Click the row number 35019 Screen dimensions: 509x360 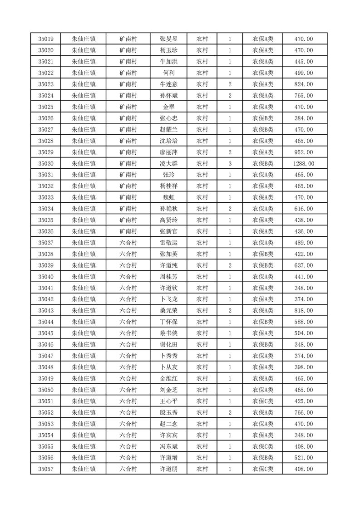click(46, 39)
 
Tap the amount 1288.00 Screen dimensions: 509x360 click(304, 163)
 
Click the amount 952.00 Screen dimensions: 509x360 click(304, 152)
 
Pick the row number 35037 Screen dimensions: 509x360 click(46, 243)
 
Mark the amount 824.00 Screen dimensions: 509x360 click(304, 84)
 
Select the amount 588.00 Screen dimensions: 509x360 click(304, 322)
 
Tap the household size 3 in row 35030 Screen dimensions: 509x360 click(230, 163)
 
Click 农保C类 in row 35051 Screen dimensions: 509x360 click(263, 401)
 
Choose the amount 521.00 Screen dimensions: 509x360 click(304, 458)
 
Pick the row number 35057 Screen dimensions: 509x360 click(46, 469)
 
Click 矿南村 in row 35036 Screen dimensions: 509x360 click(128, 231)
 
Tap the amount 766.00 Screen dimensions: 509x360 click(304, 412)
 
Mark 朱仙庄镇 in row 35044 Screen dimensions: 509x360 click(84, 322)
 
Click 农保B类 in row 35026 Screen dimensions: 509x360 click(263, 118)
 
